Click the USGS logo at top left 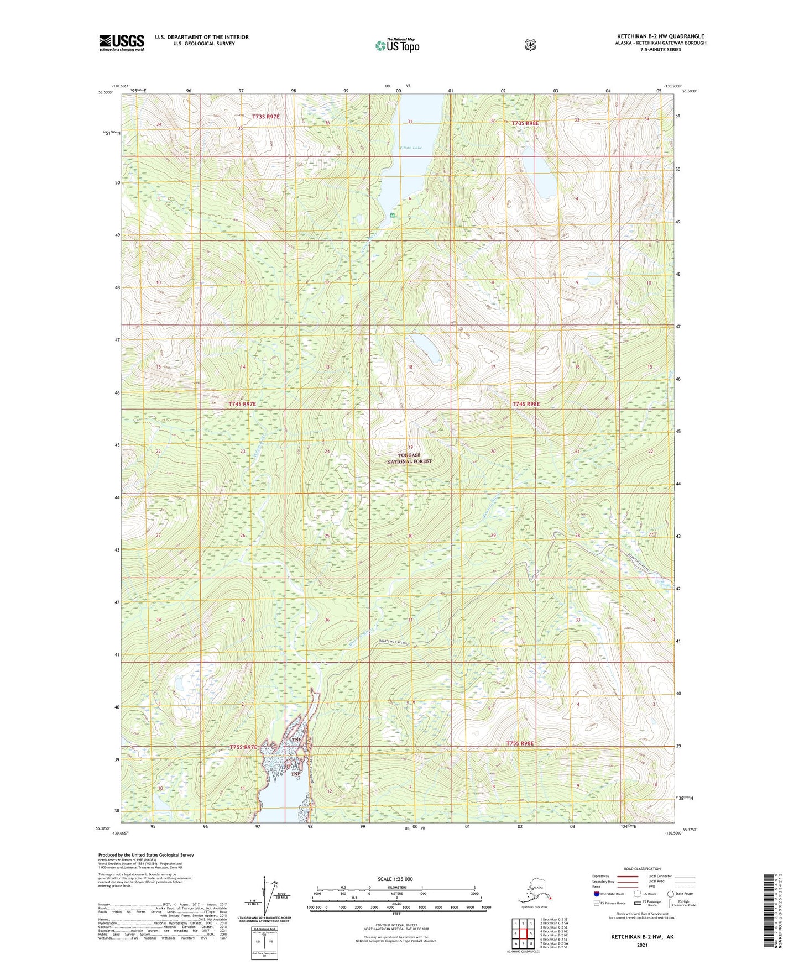121,43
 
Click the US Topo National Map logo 397,45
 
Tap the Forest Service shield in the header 530,45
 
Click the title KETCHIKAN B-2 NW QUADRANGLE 660,36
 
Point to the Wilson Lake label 410,148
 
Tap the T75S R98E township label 520,743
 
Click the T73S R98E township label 525,123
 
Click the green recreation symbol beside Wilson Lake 392,215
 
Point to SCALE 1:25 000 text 396,879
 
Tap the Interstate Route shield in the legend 596,894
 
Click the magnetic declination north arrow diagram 264,896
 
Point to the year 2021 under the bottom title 642,945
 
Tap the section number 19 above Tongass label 410,447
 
